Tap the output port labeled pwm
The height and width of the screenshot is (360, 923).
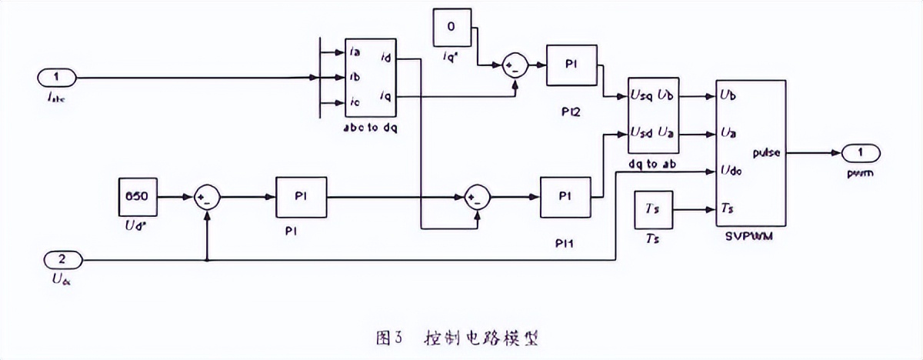(x=860, y=152)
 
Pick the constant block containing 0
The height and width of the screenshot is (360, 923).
(x=452, y=27)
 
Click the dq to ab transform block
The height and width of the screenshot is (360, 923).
(x=653, y=115)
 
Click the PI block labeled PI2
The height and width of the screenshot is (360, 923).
(x=572, y=65)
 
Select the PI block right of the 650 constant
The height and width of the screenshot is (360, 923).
(x=301, y=198)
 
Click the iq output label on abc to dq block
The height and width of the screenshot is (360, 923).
(x=384, y=96)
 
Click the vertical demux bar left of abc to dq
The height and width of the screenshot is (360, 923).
(x=318, y=78)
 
